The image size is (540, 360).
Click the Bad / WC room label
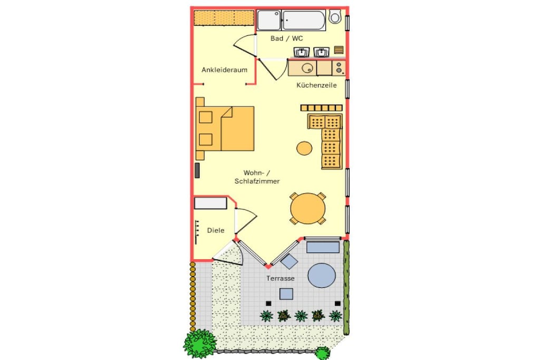click(x=286, y=38)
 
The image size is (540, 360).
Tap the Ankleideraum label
click(x=224, y=70)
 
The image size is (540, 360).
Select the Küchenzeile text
click(x=316, y=85)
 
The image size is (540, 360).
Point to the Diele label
click(x=216, y=230)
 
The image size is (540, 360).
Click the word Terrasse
click(x=281, y=278)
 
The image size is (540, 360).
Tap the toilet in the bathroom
click(x=334, y=16)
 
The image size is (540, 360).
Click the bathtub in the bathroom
click(x=303, y=20)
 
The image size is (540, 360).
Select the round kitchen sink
click(x=307, y=68)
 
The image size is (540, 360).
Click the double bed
click(x=225, y=129)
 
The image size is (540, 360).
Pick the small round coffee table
click(x=304, y=148)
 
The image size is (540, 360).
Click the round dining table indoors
click(x=307, y=208)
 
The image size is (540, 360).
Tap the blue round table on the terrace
click(x=321, y=275)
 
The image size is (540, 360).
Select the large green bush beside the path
click(x=199, y=343)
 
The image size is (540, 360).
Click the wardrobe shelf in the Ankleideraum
click(x=224, y=17)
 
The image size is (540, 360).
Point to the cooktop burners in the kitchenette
click(x=339, y=68)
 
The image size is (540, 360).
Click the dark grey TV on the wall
click(x=197, y=170)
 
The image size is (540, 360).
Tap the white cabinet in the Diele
click(x=210, y=203)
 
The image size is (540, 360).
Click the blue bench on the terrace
click(x=323, y=247)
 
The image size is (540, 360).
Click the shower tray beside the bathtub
click(x=269, y=20)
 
